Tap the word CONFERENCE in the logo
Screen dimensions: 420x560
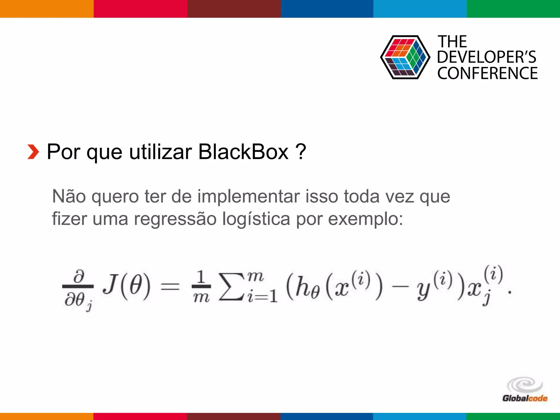point(487,73)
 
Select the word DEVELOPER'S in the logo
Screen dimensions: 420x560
point(486,57)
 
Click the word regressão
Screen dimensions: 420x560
point(175,219)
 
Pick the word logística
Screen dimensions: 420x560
point(256,219)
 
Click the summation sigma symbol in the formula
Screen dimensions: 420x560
point(232,287)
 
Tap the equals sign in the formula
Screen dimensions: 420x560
point(170,287)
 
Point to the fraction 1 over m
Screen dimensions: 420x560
point(201,287)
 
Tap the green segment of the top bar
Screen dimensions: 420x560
point(513,9)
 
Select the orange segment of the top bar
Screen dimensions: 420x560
point(47,9)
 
